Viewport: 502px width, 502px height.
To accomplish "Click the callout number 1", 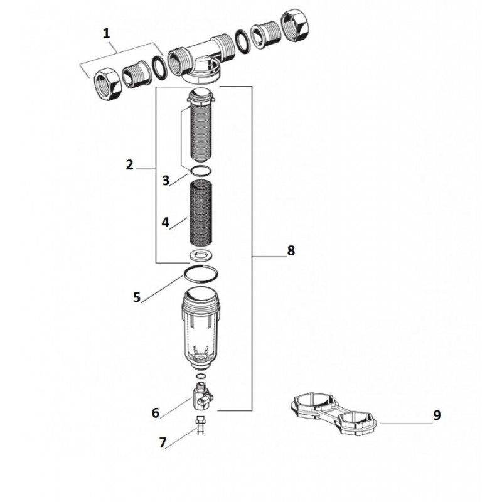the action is [106, 33].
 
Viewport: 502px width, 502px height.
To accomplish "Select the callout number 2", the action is [129, 165].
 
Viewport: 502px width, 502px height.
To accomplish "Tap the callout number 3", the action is [165, 181].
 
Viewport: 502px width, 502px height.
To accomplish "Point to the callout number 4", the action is [165, 223].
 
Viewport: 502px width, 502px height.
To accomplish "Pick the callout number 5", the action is [137, 297].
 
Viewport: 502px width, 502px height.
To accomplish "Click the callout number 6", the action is [156, 413].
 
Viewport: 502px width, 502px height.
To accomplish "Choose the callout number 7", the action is [163, 443].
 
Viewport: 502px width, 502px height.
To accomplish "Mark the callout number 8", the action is [291, 250].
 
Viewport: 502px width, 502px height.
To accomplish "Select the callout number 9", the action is [437, 415].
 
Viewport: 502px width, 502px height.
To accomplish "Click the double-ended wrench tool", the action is [333, 414].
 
